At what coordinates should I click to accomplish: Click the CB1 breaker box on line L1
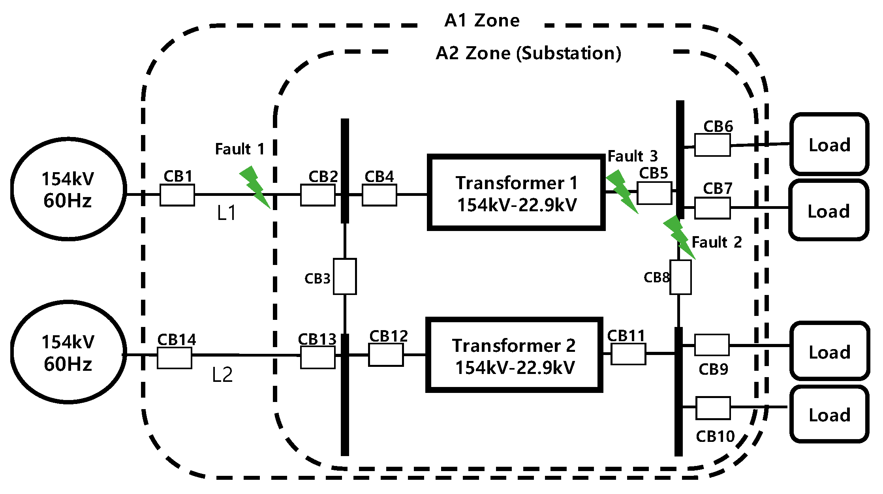177,195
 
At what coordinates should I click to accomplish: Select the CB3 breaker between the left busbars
345,276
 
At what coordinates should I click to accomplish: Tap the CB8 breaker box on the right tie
680,277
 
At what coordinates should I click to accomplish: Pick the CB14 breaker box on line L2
174,358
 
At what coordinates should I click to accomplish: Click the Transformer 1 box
516,193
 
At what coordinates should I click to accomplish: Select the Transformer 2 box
514,355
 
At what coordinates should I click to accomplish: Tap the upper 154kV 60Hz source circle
68,189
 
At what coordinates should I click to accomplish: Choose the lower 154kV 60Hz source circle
68,353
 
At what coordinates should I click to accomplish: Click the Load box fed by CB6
829,145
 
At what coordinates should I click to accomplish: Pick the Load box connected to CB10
829,414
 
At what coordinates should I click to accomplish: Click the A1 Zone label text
482,21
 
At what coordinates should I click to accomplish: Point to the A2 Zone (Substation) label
528,53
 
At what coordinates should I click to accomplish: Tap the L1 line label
227,214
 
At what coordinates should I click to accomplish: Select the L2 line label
222,375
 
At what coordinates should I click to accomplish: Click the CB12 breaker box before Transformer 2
386,355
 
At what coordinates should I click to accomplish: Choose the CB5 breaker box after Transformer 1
654,193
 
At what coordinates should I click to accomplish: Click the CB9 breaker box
712,345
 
